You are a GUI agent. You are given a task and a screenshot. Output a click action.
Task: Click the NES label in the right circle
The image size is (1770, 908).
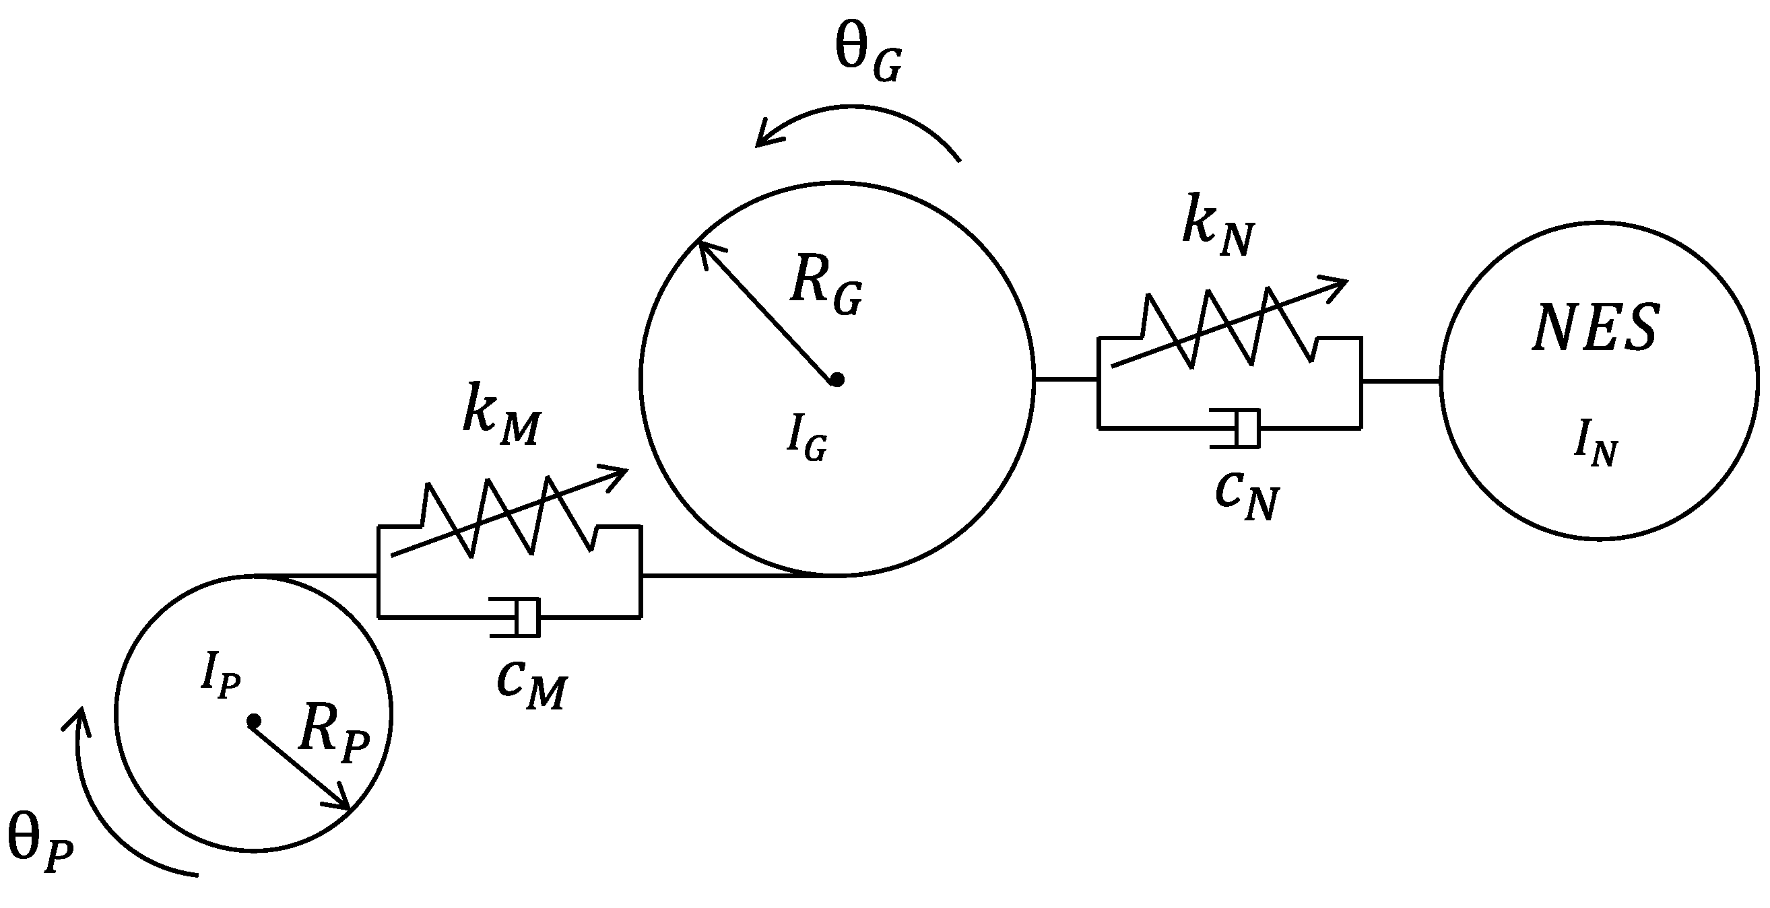pyautogui.click(x=1596, y=329)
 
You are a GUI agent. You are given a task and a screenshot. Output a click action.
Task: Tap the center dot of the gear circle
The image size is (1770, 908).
pyautogui.click(x=837, y=379)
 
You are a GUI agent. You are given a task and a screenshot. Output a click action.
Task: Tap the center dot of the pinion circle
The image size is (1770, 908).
pyautogui.click(x=253, y=721)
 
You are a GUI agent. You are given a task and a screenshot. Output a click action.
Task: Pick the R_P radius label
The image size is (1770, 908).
pyautogui.click(x=334, y=738)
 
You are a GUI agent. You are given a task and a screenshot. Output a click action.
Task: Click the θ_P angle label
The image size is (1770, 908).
pyautogui.click(x=40, y=847)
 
